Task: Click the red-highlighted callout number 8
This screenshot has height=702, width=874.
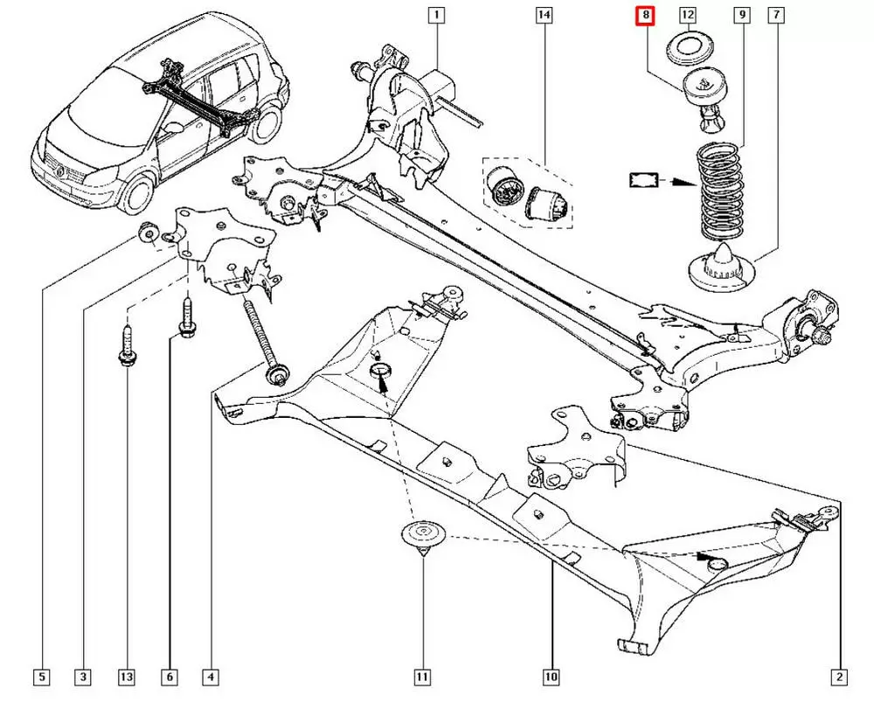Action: [x=645, y=15]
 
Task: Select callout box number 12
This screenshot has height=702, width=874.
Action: [x=688, y=15]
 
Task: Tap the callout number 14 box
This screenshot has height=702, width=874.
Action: [x=545, y=15]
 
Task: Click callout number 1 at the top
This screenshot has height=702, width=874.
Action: [x=435, y=15]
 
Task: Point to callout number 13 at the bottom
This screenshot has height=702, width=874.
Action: [x=127, y=677]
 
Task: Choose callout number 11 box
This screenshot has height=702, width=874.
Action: [x=422, y=677]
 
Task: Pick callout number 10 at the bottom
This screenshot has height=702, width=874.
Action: [x=551, y=677]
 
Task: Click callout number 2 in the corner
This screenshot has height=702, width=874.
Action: [x=839, y=677]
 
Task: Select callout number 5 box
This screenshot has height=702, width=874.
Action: [x=41, y=677]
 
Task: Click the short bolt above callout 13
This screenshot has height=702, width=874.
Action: [x=125, y=346]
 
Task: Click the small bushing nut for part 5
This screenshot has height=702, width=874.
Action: [x=149, y=234]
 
